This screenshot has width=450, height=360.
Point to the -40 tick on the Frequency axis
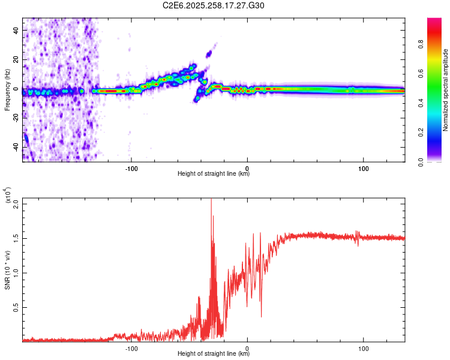click(x=16, y=148)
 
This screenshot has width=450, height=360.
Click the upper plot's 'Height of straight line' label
click(x=214, y=174)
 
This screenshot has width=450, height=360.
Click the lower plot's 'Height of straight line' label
click(x=214, y=354)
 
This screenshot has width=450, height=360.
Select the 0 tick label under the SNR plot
click(x=248, y=347)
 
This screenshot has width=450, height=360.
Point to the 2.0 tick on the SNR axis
click(x=16, y=203)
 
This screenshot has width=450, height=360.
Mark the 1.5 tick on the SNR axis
click(x=16, y=238)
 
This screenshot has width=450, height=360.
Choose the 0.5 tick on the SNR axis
click(x=16, y=307)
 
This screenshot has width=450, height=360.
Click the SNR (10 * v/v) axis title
click(x=7, y=270)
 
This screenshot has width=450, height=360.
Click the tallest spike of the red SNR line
click(x=211, y=200)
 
